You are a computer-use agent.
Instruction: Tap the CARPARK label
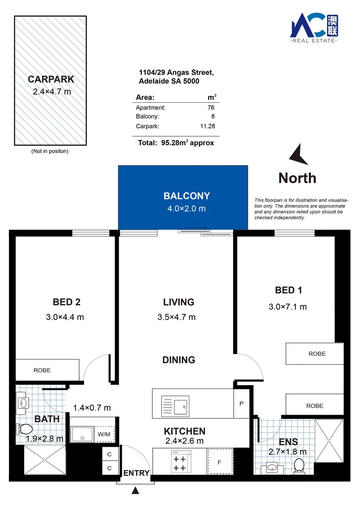tap(51, 79)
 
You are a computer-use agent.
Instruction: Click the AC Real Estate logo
tap(314, 27)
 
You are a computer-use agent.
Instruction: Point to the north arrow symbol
tap(298, 155)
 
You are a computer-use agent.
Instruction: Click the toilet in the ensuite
tap(298, 466)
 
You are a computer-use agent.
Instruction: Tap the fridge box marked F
tap(219, 462)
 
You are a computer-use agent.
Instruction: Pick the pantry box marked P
tap(241, 403)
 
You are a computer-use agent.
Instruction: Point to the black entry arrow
tap(136, 491)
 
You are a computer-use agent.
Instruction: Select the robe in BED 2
tap(47, 370)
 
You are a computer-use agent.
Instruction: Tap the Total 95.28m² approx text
tap(176, 143)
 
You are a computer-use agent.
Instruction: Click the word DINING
tap(179, 360)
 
